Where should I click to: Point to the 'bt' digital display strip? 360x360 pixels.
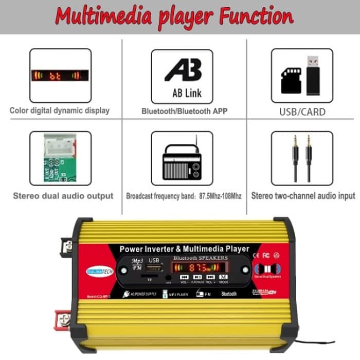pos(60,76)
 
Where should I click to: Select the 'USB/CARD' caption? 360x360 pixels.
pos(302,112)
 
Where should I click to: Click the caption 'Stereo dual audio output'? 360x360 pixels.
pos(63,195)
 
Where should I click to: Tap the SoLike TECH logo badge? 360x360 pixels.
pos(100,271)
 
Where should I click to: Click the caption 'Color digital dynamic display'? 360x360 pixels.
pos(60,111)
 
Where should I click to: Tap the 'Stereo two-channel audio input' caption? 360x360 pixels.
pos(303,195)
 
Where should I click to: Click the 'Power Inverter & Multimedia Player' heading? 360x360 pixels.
pos(184,248)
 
